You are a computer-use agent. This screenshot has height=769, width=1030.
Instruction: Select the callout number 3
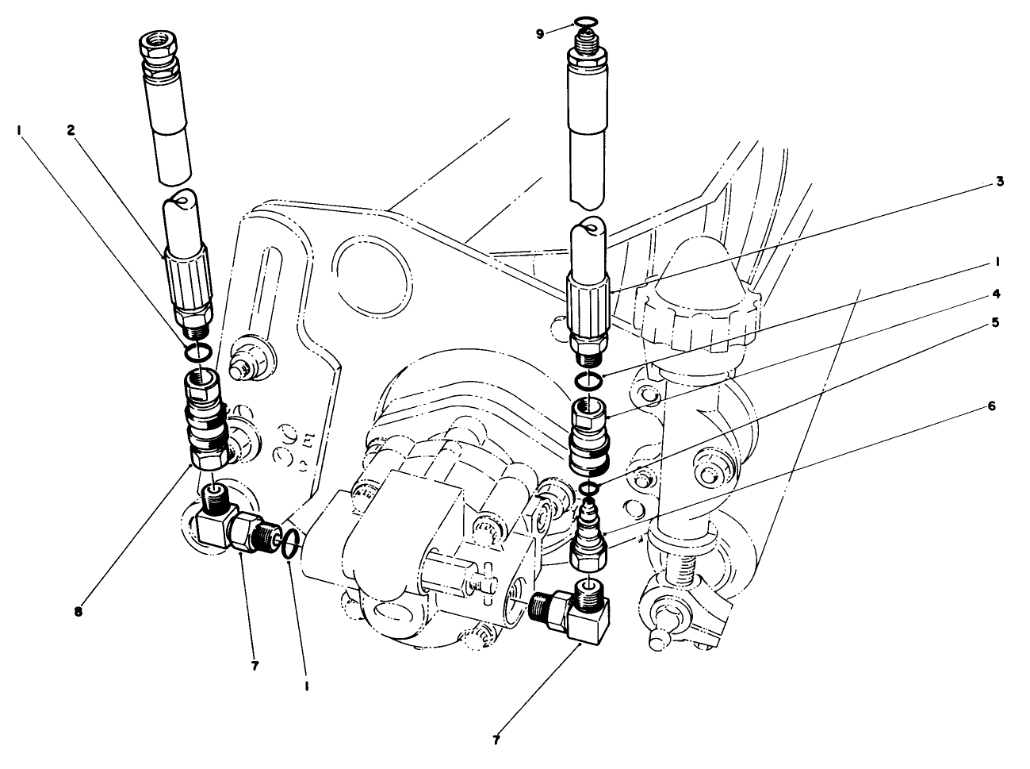pos(1000,182)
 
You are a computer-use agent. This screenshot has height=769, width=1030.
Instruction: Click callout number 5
pos(996,324)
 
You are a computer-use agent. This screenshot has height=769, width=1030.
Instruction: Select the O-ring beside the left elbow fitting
pos(290,544)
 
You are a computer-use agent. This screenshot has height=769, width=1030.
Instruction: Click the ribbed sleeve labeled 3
pos(591,305)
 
